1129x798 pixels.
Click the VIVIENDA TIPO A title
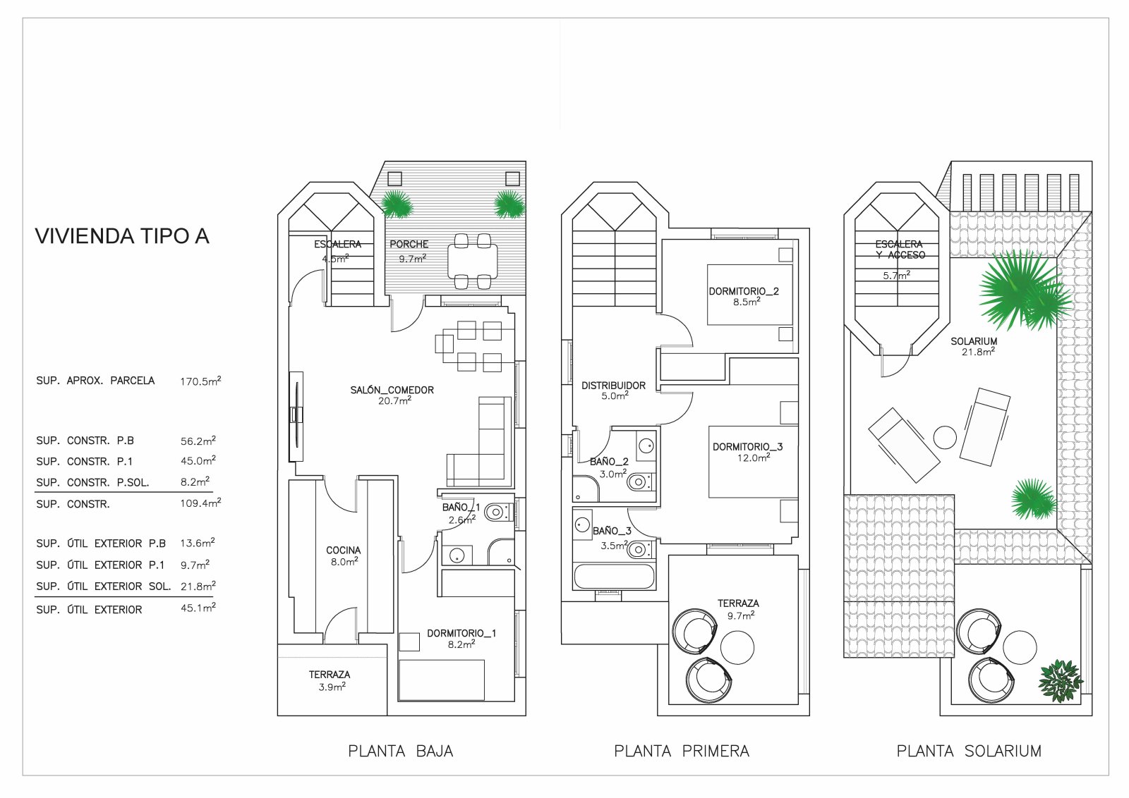122,236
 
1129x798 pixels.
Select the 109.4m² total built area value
200,503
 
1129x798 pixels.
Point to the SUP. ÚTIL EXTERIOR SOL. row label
103,587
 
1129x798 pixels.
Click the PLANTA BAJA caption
400,751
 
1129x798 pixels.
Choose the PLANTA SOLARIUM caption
968,751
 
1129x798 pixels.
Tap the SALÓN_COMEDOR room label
392,390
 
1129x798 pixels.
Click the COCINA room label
343,550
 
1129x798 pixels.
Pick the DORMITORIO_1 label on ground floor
461,633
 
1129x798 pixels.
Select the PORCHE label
409,244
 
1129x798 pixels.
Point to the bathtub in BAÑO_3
614,576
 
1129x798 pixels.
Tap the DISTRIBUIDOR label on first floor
613,386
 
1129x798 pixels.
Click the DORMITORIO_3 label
747,446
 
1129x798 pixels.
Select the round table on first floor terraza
737,646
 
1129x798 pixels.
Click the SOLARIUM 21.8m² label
973,345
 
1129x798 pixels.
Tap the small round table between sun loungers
945,438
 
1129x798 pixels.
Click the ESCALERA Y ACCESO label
899,250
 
